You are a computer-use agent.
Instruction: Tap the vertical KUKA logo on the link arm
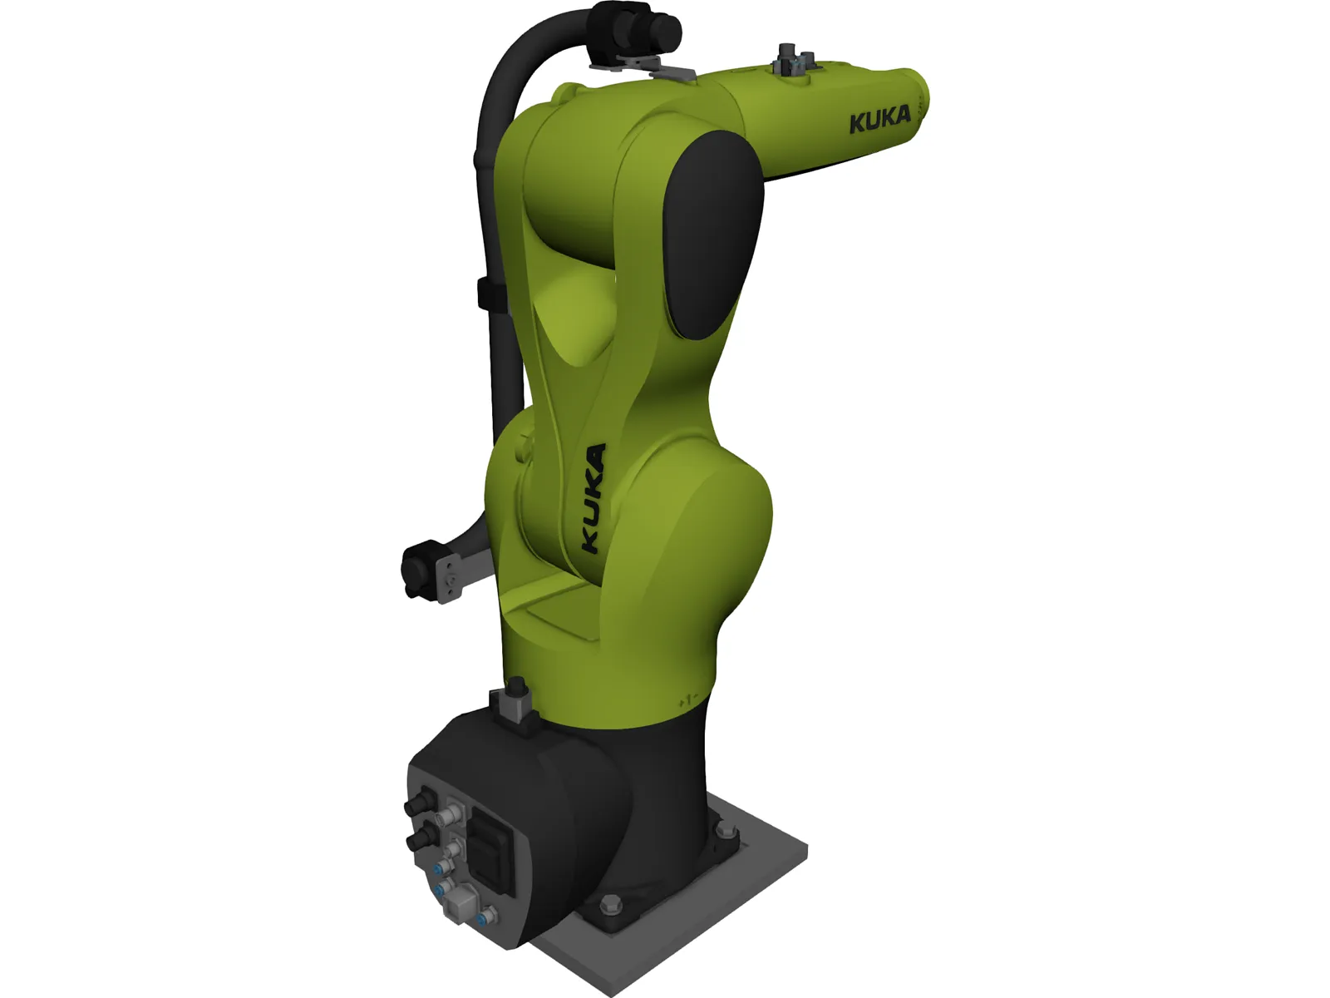(592, 500)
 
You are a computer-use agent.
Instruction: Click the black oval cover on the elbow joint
(713, 237)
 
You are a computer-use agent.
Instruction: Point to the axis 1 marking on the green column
(687, 700)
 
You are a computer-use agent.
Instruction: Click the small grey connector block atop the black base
(516, 705)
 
